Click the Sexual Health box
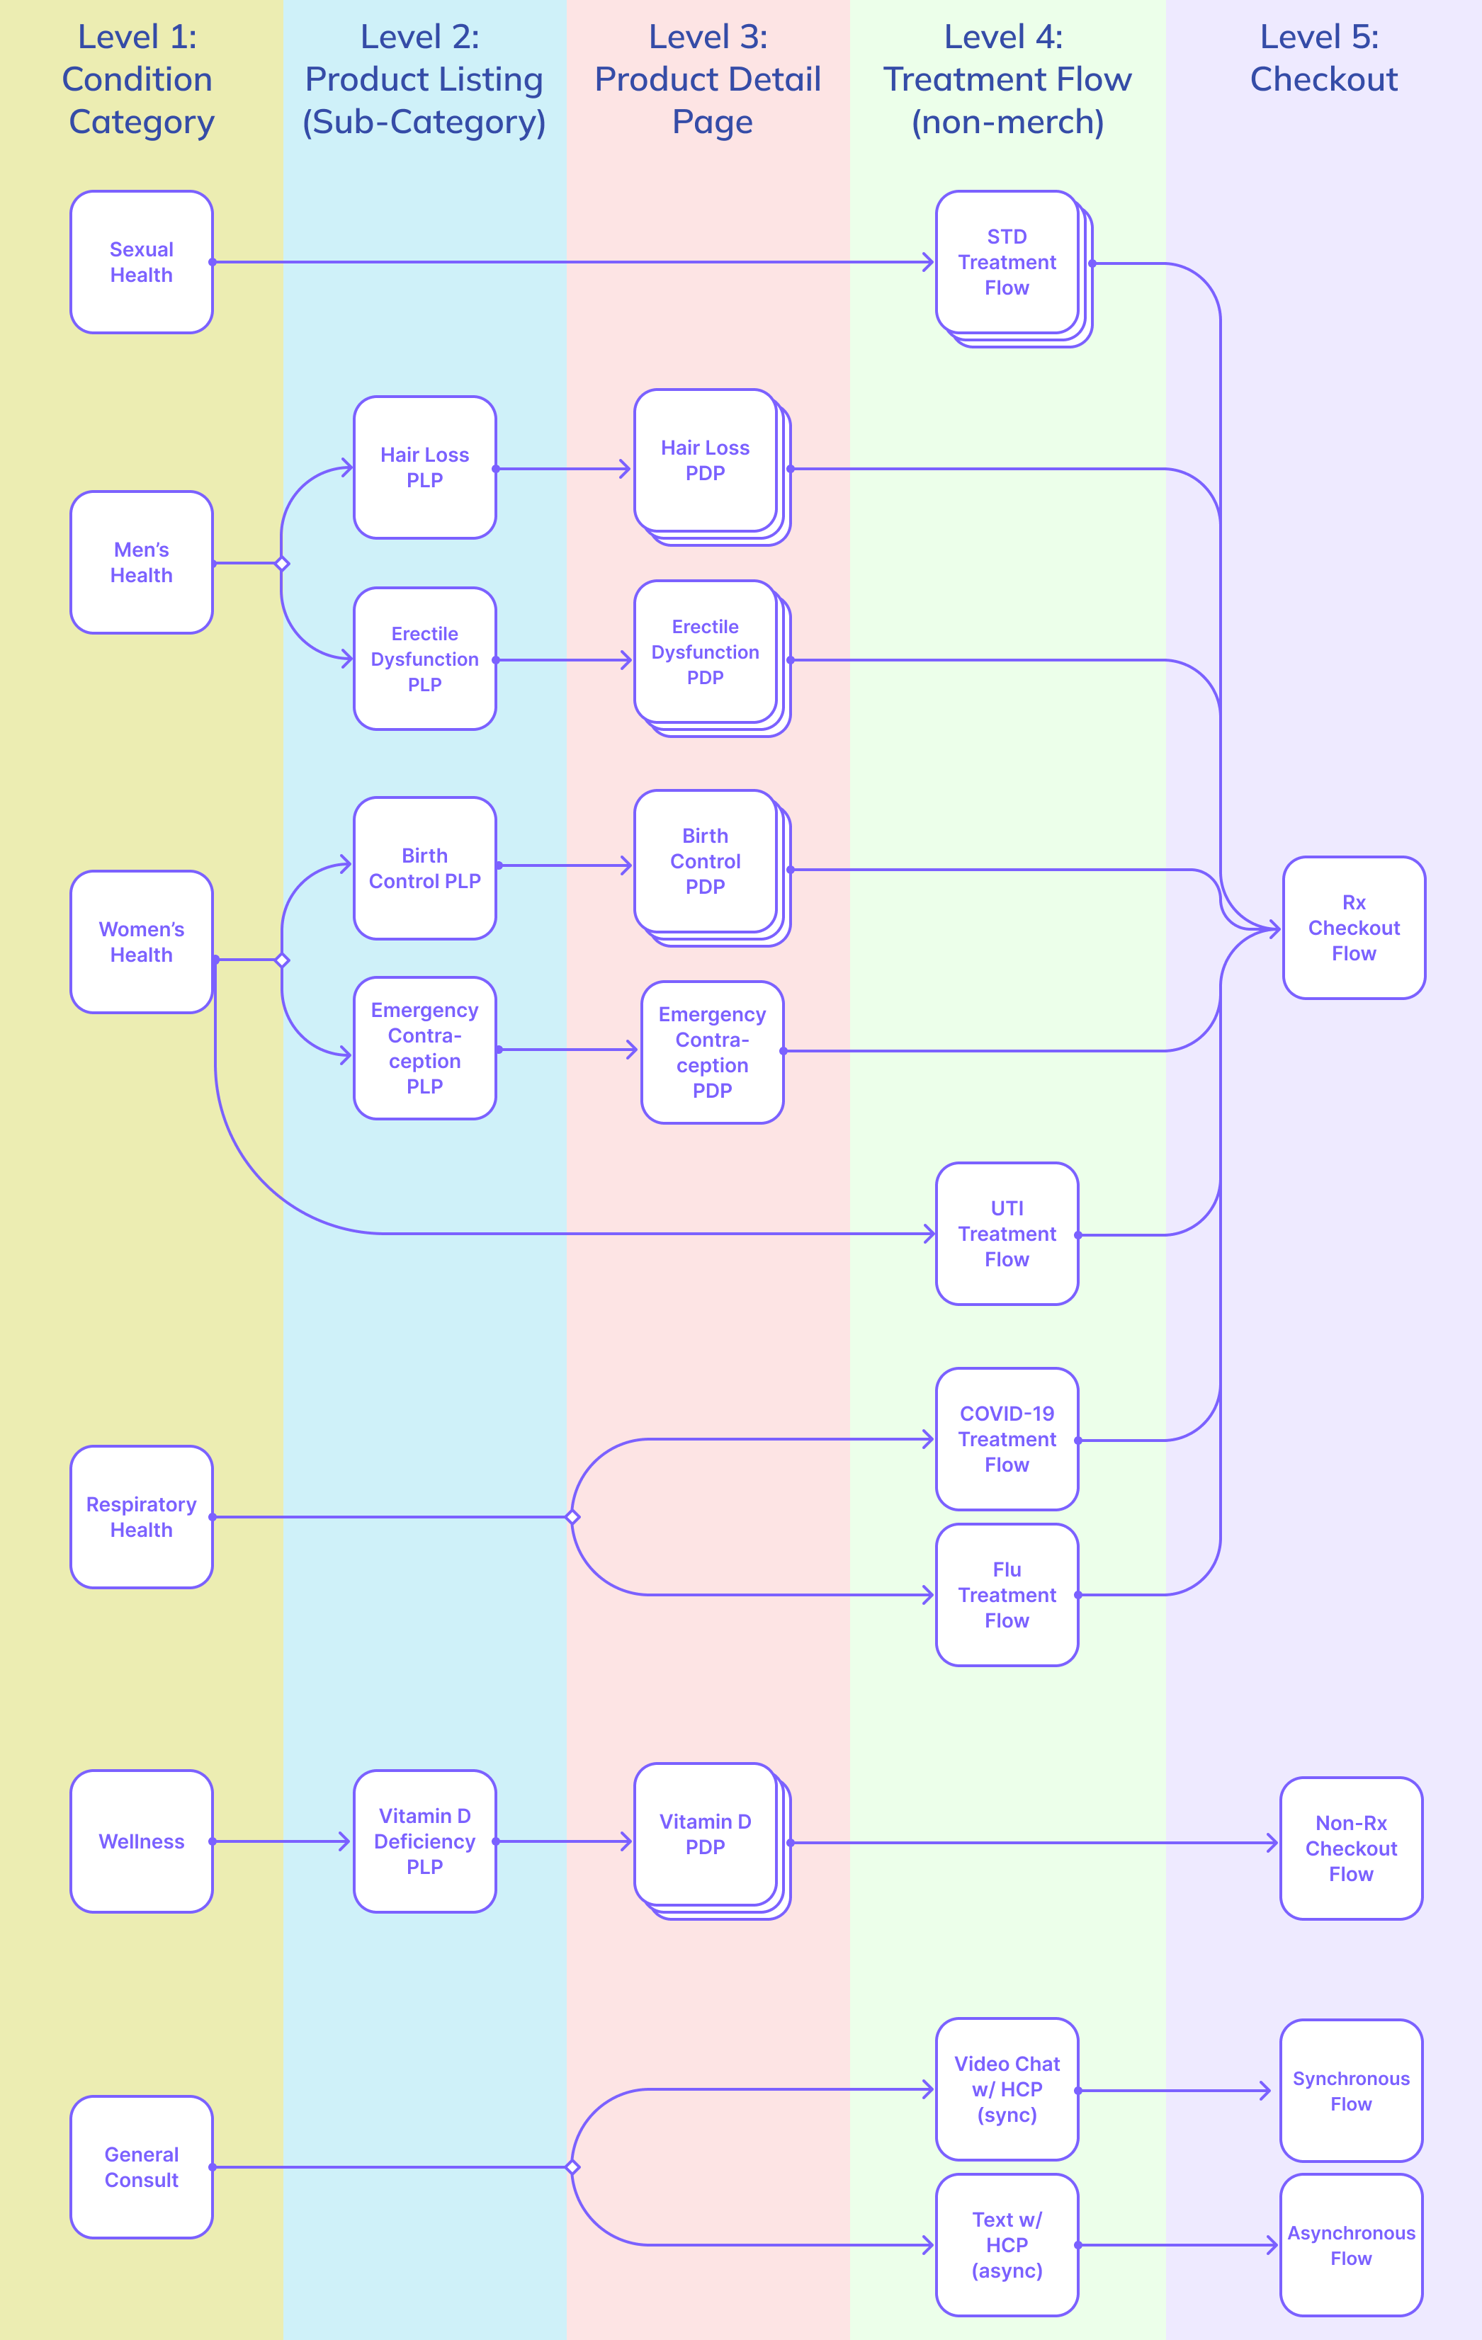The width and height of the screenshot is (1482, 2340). tap(142, 262)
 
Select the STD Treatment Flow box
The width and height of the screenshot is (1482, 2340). tap(1007, 262)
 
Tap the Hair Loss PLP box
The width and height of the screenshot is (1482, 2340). tap(424, 467)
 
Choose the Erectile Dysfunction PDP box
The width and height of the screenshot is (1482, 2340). tap(706, 652)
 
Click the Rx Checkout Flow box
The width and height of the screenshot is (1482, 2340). tap(1354, 928)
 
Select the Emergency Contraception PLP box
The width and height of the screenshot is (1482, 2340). tap(424, 1048)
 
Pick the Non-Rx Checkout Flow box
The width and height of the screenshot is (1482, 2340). tap(1351, 1848)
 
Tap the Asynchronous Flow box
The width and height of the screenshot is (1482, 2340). tap(1351, 2245)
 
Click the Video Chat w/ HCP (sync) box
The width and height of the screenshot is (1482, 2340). tap(1007, 2089)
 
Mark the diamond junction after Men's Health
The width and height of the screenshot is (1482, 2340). tap(282, 564)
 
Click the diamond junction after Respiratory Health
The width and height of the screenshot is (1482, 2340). tap(572, 1517)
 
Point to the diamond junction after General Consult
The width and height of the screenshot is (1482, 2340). tap(572, 2167)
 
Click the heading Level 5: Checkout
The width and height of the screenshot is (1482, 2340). tap(1323, 58)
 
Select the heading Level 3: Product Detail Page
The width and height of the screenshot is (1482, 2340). tap(708, 80)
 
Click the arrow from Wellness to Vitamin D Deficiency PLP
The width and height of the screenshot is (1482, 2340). tap(282, 1841)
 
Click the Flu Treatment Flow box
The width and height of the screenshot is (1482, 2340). tap(1007, 1595)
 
